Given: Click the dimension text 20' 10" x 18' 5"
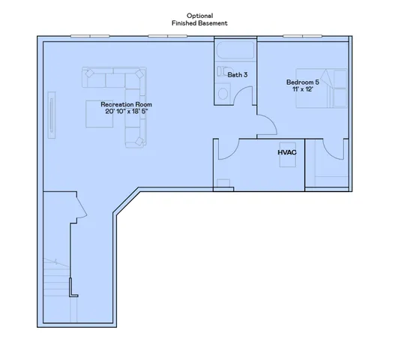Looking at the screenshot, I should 112,112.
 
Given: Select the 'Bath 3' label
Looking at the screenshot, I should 238,74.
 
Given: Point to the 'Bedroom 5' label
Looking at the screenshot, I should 302,82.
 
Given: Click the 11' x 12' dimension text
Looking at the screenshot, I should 302,89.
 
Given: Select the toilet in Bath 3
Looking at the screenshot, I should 223,94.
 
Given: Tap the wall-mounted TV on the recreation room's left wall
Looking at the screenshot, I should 52,114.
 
